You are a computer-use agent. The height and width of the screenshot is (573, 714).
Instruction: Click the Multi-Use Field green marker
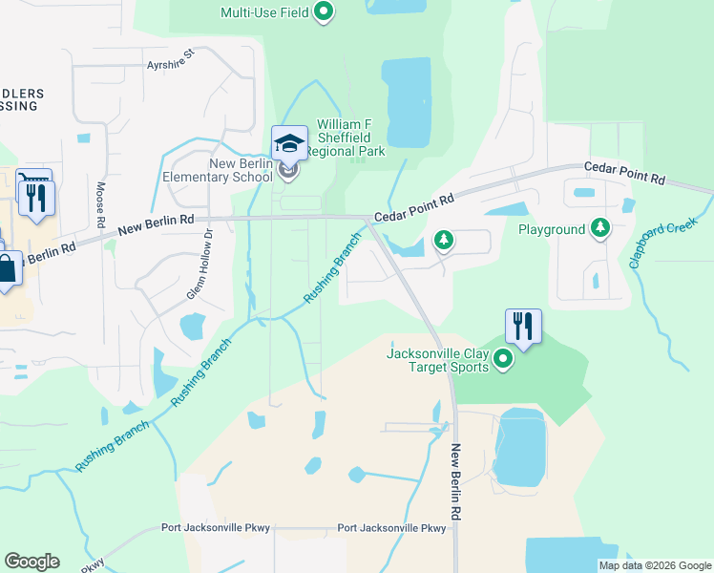[324, 12]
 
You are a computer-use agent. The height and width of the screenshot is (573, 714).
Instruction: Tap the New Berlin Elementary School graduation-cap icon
[289, 145]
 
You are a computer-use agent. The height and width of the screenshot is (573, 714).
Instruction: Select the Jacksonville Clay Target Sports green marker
[504, 360]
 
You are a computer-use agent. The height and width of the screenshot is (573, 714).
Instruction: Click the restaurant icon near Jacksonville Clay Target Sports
[523, 326]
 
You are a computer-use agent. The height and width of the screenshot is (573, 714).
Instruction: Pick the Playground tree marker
[600, 228]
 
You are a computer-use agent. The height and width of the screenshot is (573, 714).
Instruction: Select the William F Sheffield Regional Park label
[350, 138]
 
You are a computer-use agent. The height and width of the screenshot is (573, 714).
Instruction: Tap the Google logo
[31, 562]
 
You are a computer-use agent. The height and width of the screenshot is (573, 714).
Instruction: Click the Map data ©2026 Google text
[654, 564]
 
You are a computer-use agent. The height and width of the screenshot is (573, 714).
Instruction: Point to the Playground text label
[551, 230]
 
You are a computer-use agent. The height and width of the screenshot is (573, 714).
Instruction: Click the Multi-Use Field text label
[264, 12]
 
